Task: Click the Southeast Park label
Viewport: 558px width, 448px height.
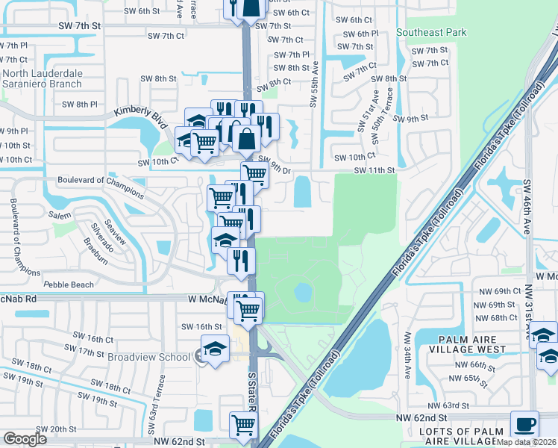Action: (431, 32)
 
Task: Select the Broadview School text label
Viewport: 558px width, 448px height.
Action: (148, 357)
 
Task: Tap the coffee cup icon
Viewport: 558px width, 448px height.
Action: (527, 423)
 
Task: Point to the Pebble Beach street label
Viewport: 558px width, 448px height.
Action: (69, 284)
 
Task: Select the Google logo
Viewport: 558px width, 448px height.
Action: (25, 438)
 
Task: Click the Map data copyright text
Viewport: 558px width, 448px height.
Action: (527, 442)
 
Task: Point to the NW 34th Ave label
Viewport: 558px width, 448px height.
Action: (407, 354)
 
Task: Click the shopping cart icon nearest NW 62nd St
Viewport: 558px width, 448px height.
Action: (243, 426)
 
